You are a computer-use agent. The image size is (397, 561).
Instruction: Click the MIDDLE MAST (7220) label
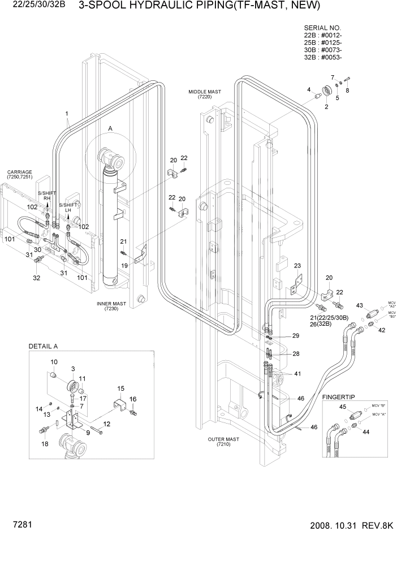coord(205,94)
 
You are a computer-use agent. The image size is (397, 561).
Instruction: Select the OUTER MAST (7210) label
coord(224,442)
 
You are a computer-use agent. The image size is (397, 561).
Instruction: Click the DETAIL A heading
coord(44,346)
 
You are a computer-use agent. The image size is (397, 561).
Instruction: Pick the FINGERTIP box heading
coord(338,398)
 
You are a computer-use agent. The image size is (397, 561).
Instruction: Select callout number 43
coord(359,305)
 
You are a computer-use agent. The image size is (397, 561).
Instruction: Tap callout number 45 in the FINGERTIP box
coord(342,407)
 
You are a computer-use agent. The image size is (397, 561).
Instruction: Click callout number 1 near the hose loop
coord(67,113)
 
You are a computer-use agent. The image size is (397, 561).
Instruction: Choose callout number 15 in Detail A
coord(120,389)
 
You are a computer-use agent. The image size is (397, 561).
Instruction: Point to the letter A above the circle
coord(110,129)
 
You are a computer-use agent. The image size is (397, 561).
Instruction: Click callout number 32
coord(37,278)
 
